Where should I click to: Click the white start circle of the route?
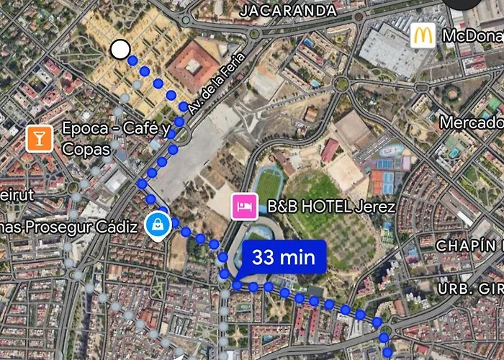click(120, 49)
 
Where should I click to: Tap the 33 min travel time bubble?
click(284, 257)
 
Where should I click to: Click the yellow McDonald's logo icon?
click(423, 36)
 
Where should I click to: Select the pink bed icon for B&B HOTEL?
click(244, 207)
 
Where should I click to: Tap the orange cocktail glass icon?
click(39, 138)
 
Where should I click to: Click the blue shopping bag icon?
click(156, 225)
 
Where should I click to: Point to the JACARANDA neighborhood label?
click(287, 10)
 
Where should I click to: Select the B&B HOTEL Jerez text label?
click(331, 207)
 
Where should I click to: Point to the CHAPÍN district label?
click(468, 246)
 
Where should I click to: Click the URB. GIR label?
click(471, 289)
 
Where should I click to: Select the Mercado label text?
click(471, 122)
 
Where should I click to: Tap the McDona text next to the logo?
click(472, 36)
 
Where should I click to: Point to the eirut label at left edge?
click(17, 195)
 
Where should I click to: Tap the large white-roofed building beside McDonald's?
click(390, 50)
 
